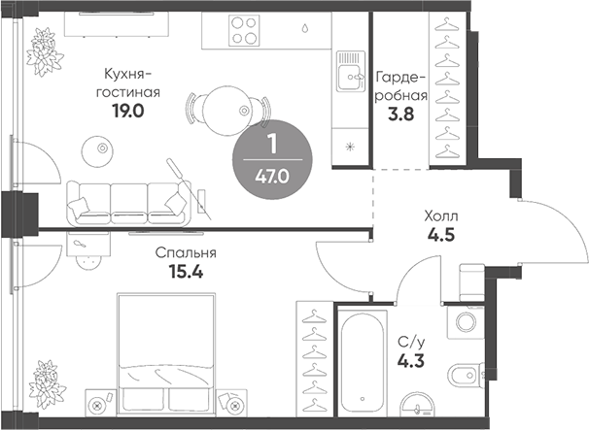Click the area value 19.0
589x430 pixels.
(128, 111)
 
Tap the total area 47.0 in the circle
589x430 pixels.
(271, 176)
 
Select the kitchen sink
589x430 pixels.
(347, 71)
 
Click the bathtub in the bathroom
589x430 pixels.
(362, 359)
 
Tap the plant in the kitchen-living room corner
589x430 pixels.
(44, 46)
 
